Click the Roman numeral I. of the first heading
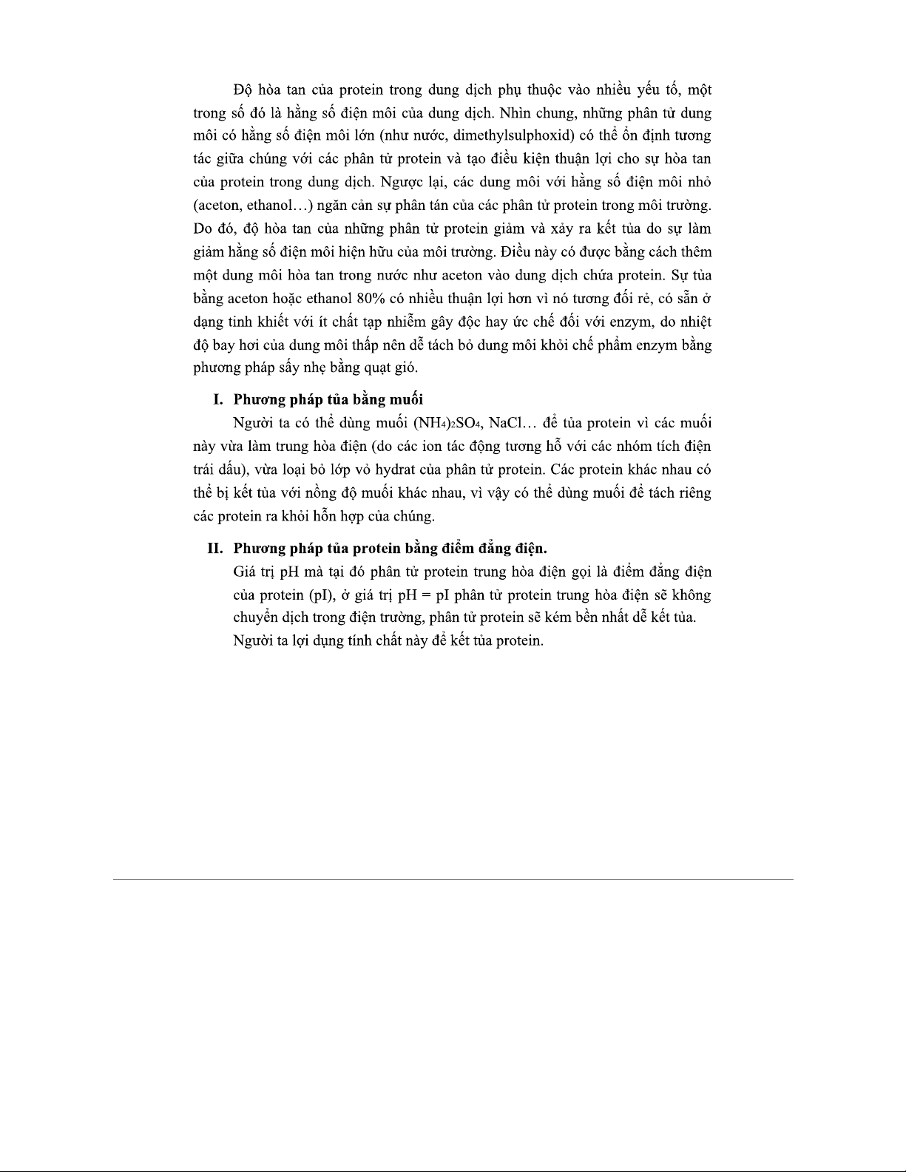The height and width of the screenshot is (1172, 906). (x=218, y=399)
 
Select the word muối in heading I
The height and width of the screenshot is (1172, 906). (x=405, y=399)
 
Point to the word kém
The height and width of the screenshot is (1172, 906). (x=558, y=617)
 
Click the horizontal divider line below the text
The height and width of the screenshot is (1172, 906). (x=453, y=879)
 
